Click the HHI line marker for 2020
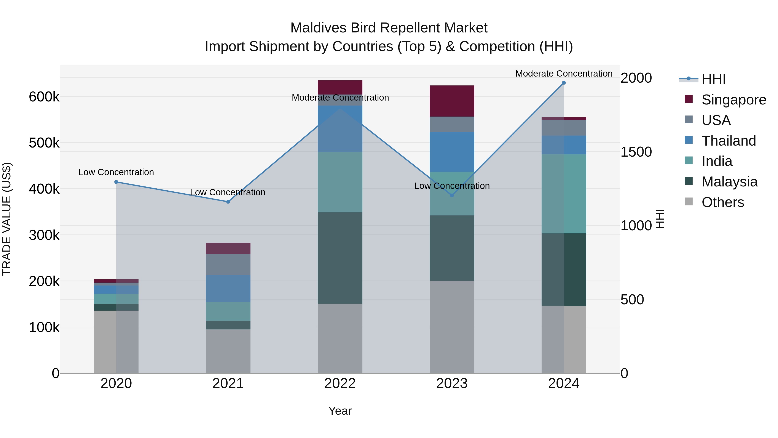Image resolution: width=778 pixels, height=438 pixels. click(116, 182)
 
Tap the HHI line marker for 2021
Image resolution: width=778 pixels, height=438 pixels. click(228, 202)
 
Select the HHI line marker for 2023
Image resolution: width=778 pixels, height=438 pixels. click(452, 195)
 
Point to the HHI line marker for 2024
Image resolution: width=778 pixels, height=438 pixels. click(564, 83)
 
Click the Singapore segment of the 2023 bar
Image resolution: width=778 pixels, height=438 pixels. click(452, 101)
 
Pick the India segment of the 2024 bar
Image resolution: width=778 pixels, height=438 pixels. click(564, 194)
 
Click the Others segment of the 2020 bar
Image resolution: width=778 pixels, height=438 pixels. click(116, 342)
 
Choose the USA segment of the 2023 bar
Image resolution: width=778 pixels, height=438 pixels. click(452, 124)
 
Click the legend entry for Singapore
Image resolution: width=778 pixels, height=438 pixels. click(734, 100)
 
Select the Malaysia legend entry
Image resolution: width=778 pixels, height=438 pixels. click(729, 182)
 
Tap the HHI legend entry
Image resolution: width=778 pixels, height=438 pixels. click(713, 79)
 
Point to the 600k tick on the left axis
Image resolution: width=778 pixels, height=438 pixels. click(44, 97)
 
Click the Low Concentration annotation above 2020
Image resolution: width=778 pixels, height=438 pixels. click(116, 172)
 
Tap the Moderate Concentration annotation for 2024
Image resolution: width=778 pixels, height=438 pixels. click(564, 74)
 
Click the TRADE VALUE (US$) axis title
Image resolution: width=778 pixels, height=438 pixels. click(7, 219)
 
